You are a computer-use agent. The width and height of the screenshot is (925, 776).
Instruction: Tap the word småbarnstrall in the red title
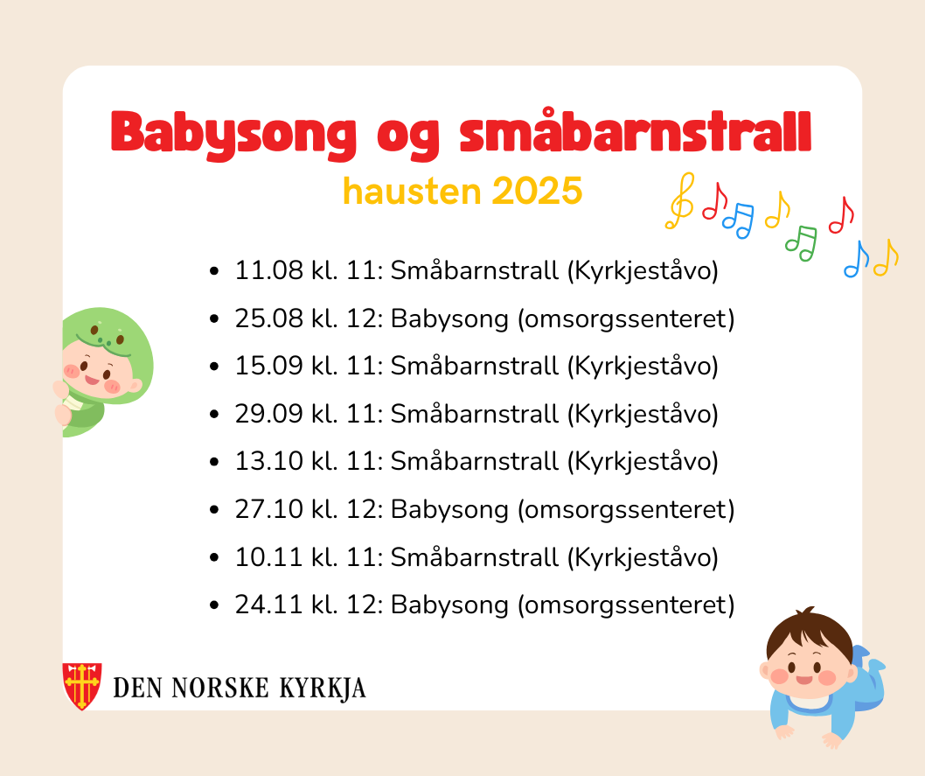click(x=636, y=131)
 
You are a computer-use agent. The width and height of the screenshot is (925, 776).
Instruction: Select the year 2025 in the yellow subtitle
click(x=537, y=192)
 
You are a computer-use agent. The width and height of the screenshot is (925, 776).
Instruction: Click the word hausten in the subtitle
click(x=412, y=192)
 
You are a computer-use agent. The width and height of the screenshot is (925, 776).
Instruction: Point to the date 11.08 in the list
click(x=269, y=271)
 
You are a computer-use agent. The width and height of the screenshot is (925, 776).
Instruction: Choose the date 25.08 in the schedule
click(x=269, y=318)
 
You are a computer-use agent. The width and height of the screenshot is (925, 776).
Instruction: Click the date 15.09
click(x=269, y=366)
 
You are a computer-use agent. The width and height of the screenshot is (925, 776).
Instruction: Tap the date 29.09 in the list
click(x=269, y=414)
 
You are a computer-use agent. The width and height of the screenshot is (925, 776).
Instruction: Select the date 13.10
click(x=269, y=461)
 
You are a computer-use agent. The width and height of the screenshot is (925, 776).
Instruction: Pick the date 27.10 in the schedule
click(x=269, y=509)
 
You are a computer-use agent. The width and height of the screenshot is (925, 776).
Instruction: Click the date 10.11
click(x=269, y=557)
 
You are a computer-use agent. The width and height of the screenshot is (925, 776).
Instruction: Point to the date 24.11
click(x=269, y=605)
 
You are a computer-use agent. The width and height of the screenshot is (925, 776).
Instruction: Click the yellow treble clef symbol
click(x=681, y=201)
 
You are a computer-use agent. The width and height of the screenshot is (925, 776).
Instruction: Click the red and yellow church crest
click(x=82, y=686)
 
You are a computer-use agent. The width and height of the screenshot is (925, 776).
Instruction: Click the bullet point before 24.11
click(x=214, y=605)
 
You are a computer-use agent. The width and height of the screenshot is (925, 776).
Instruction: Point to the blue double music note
click(x=739, y=220)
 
